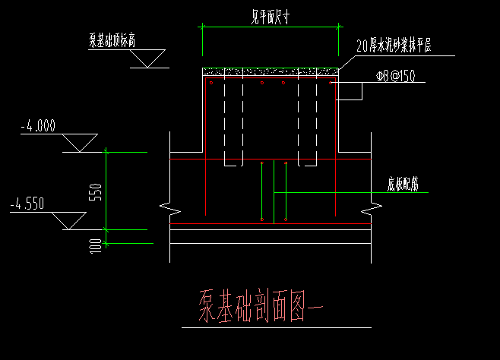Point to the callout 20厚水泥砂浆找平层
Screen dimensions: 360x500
(x=394, y=47)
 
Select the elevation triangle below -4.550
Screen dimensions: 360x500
(x=69, y=221)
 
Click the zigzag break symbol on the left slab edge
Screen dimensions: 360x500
(x=169, y=206)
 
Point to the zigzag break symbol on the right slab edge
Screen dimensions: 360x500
(x=372, y=206)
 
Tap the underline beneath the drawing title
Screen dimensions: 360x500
(x=277, y=328)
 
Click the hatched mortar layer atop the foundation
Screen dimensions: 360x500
(x=271, y=72)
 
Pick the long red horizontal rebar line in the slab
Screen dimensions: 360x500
(x=271, y=225)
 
